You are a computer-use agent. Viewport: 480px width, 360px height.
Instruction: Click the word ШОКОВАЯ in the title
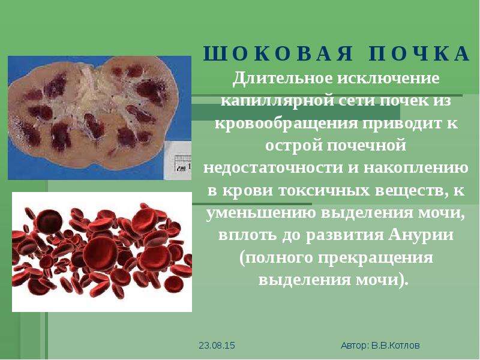pos(278,53)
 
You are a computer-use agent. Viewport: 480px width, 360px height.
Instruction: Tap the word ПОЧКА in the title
pos(419,53)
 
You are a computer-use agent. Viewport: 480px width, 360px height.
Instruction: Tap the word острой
pos(293,145)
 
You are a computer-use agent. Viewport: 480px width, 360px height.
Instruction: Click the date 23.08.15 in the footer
pos(217,346)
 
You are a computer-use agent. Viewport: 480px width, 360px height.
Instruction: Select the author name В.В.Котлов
pos(395,346)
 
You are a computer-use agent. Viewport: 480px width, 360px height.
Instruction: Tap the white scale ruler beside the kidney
pos(178,161)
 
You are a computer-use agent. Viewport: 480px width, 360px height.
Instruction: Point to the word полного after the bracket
pos(278,258)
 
